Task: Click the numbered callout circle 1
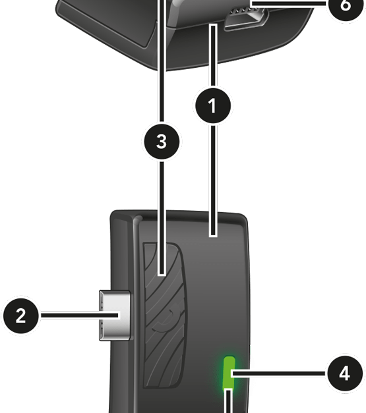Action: pyautogui.click(x=213, y=105)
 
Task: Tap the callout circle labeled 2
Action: pyautogui.click(x=21, y=316)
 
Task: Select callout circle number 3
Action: pyautogui.click(x=162, y=142)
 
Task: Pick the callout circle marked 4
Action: pyautogui.click(x=345, y=373)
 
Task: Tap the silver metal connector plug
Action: pyautogui.click(x=115, y=316)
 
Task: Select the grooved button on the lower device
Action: pyautogui.click(x=165, y=316)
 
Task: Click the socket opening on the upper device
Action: pyautogui.click(x=246, y=18)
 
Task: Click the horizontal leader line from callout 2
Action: pyautogui.click(x=80, y=316)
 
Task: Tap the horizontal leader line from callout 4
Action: pyautogui.click(x=279, y=373)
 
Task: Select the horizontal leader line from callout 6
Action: pyautogui.click(x=289, y=3)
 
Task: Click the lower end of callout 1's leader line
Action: pyautogui.click(x=213, y=235)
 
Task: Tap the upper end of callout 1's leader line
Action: pyautogui.click(x=214, y=26)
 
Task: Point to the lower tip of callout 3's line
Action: pyautogui.click(x=162, y=274)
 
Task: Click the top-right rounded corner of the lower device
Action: pyautogui.click(x=243, y=218)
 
